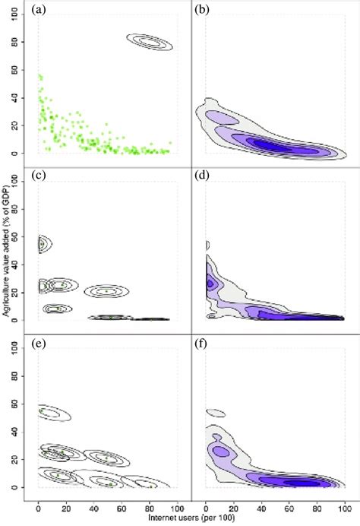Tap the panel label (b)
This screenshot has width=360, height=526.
pos(202,10)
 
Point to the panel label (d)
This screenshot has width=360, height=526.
pos(202,178)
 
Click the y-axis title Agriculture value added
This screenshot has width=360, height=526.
pos(7,262)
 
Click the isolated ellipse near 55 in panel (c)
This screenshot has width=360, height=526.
pos(43,243)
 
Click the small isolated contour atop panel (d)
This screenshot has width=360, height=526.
pos(207,245)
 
